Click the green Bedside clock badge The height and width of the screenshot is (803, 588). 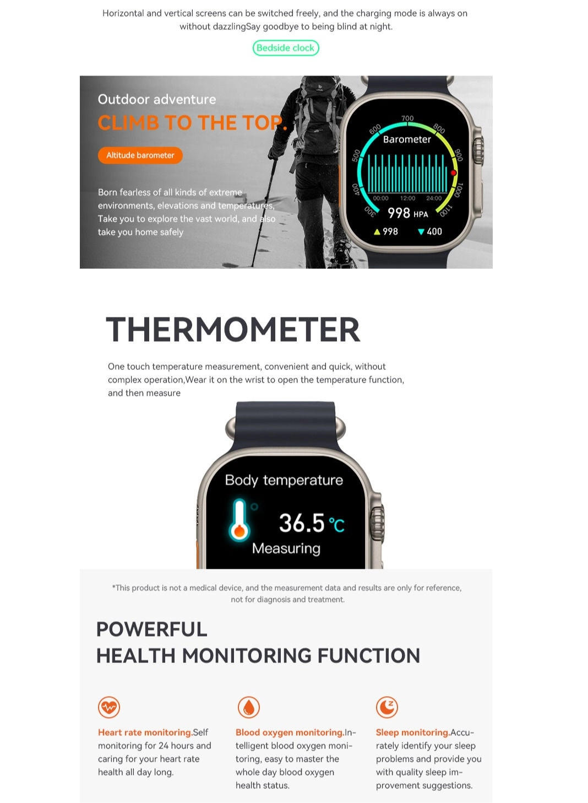point(285,48)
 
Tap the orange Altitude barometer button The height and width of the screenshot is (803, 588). point(140,155)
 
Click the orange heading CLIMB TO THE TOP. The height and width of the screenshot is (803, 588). point(192,122)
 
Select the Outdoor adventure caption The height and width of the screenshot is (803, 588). point(157,99)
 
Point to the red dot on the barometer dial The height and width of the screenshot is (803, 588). point(453,173)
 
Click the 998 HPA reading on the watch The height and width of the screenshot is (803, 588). point(408,213)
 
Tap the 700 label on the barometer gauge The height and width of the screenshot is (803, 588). point(407,118)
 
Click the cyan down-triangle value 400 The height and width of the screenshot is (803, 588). point(430,231)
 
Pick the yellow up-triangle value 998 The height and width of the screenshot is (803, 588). point(386,231)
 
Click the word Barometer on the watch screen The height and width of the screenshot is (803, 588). point(407,139)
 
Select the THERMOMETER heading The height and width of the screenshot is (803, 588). point(233,330)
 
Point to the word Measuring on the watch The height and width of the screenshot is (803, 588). point(286,548)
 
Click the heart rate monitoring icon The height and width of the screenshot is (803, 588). point(109,707)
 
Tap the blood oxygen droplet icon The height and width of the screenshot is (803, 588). point(248,707)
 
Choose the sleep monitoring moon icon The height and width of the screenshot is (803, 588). point(386,707)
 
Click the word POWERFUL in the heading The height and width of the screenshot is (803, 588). point(152,629)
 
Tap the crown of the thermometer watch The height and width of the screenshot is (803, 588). point(378,524)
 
